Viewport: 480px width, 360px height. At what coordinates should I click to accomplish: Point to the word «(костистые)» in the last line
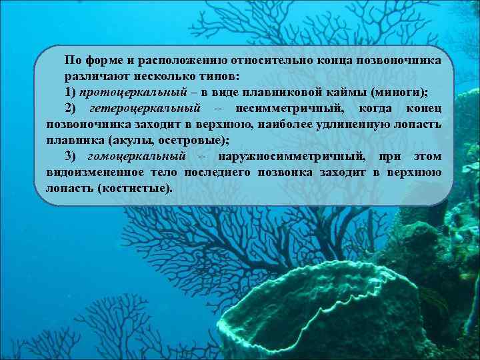click(x=133, y=189)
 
